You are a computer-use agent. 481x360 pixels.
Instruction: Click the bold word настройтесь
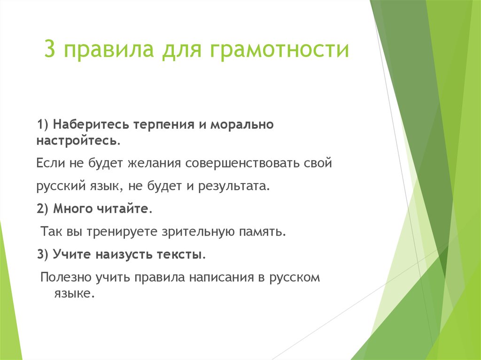(78, 140)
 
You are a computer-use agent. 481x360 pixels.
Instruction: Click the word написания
(221, 277)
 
